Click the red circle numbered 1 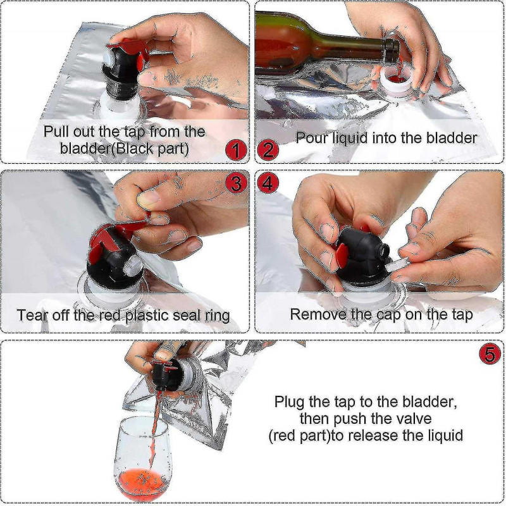coord(235,151)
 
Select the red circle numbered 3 coord(236,183)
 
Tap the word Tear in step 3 coord(31,314)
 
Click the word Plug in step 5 coord(289,402)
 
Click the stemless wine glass coord(143,455)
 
